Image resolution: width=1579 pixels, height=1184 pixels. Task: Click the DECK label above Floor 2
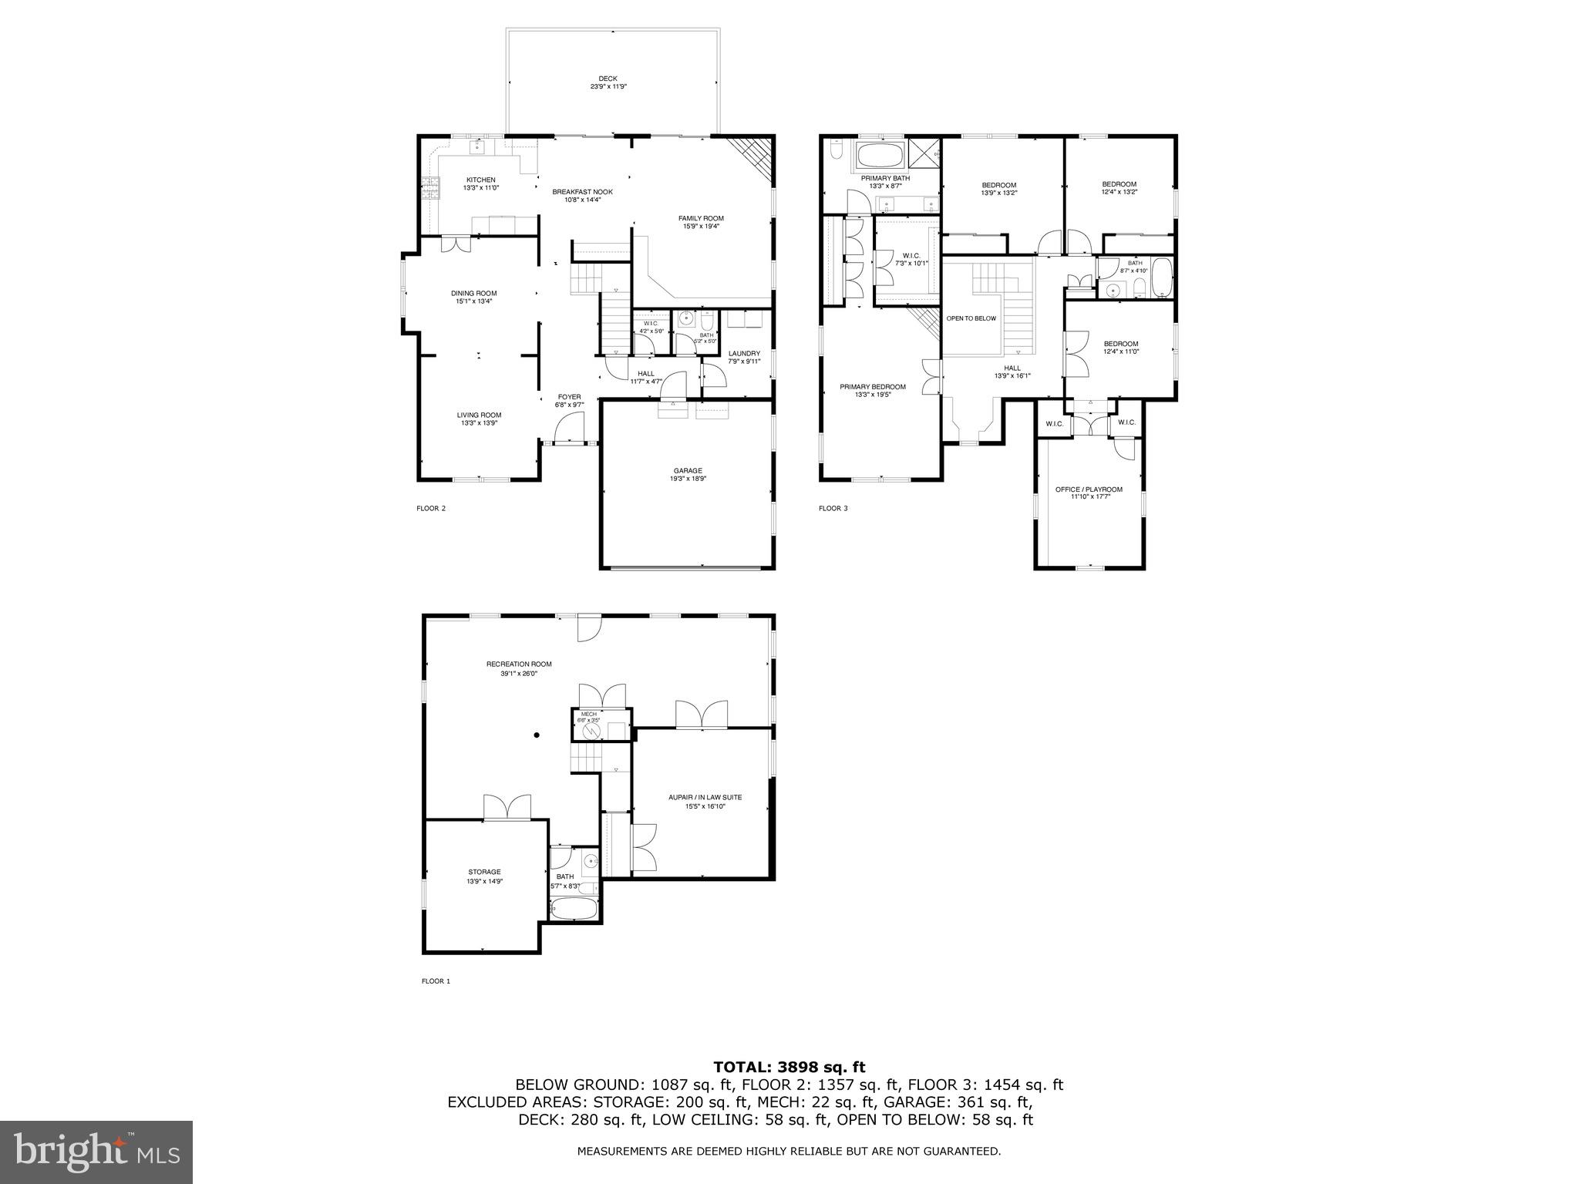(608, 79)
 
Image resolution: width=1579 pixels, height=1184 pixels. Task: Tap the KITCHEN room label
(480, 180)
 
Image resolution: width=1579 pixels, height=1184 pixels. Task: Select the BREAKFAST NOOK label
(582, 191)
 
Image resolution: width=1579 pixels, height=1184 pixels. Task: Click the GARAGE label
(687, 470)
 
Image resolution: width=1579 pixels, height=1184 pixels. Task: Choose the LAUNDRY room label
(744, 353)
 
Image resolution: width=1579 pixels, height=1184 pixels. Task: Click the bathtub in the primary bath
(880, 157)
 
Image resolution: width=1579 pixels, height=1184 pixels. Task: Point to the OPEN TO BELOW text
(971, 318)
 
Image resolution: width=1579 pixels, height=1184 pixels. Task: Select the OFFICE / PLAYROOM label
(1088, 489)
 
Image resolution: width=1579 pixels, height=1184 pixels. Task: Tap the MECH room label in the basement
(589, 714)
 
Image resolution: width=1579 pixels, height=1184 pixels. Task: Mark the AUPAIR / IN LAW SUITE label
(705, 797)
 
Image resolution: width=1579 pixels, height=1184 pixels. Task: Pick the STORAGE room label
(484, 872)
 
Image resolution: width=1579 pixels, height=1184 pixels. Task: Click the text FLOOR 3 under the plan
(833, 508)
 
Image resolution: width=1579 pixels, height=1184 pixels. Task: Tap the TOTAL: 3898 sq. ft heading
(789, 1067)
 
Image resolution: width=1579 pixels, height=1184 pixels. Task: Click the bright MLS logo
(96, 1152)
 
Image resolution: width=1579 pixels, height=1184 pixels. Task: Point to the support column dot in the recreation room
(537, 735)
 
